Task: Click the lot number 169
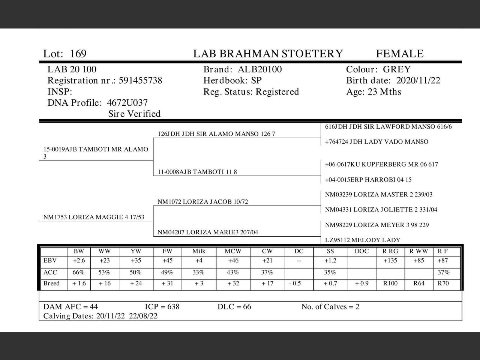tap(78, 54)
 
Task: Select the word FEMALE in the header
tap(400, 54)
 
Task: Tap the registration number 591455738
tap(140, 81)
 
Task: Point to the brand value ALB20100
tap(260, 70)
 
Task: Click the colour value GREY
tap(397, 70)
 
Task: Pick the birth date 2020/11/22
tap(418, 81)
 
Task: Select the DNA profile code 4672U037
tap(127, 103)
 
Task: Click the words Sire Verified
tap(134, 114)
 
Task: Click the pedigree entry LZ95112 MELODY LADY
tap(363, 240)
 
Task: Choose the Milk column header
tap(199, 251)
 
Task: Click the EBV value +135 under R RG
tap(390, 261)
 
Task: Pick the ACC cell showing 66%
tap(79, 273)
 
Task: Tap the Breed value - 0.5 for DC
tap(295, 283)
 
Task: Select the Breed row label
tap(51, 283)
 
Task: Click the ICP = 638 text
tap(162, 307)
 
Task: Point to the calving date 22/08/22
tap(143, 316)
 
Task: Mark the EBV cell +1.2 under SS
tap(330, 261)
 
